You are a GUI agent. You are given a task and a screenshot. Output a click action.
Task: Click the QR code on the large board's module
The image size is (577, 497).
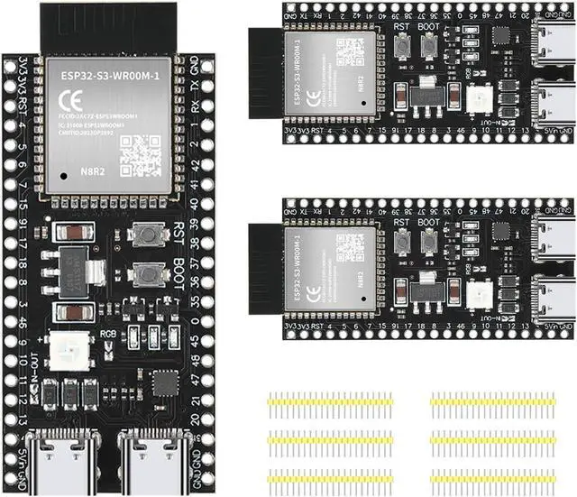[x=141, y=154]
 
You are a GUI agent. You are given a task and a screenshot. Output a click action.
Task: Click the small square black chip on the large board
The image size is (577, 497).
[x=165, y=383]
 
